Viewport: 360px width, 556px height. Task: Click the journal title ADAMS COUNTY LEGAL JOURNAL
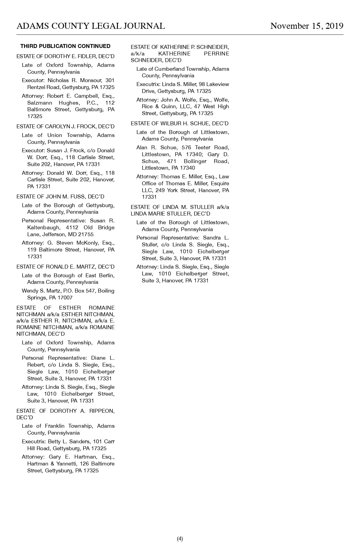[91, 26]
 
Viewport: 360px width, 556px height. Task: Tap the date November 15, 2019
[307, 26]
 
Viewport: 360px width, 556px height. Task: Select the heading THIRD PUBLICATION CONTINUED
[65, 46]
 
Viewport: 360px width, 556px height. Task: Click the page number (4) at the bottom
[180, 539]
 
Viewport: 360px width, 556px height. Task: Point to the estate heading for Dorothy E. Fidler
[65, 56]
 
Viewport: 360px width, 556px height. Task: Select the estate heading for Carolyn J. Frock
[65, 126]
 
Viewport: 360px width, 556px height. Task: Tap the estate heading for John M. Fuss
[60, 197]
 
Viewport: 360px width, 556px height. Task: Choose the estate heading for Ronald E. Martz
[65, 267]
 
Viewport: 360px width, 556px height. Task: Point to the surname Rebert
[35, 365]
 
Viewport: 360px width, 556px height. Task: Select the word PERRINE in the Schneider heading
[216, 54]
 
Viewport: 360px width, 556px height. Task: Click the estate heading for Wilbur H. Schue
[179, 123]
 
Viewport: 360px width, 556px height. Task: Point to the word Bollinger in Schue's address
[195, 161]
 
